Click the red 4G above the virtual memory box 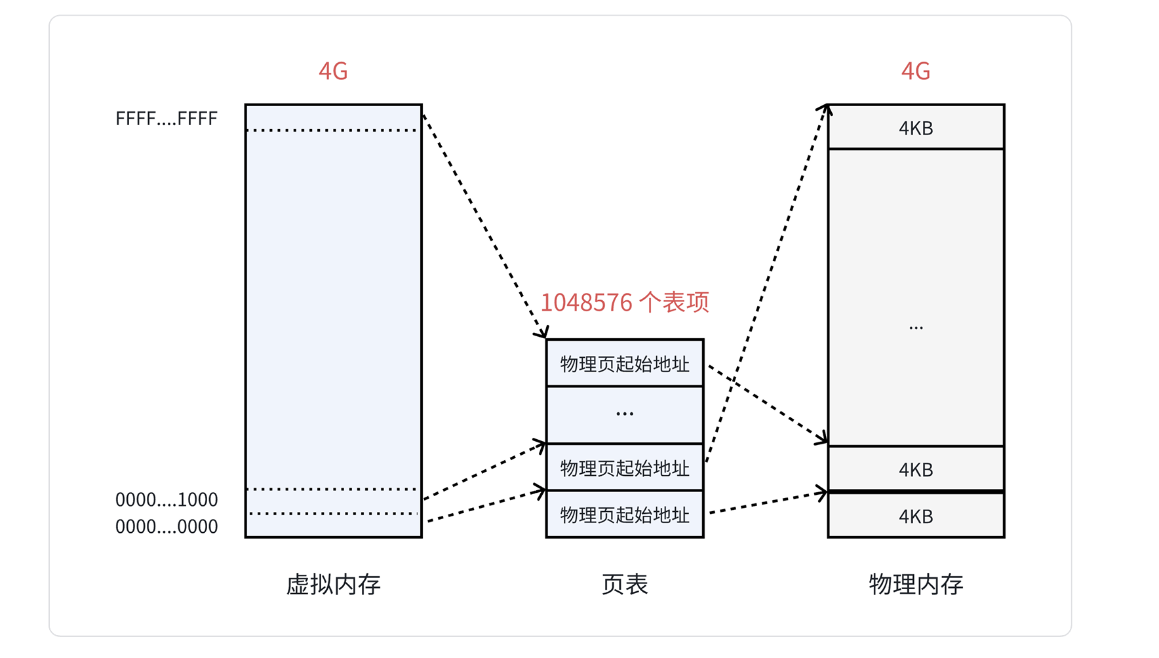pyautogui.click(x=333, y=71)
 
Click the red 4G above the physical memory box pyautogui.click(x=915, y=71)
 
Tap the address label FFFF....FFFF pyautogui.click(x=167, y=119)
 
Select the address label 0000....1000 pyautogui.click(x=167, y=499)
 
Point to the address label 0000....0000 pyautogui.click(x=167, y=526)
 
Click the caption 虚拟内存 pyautogui.click(x=333, y=584)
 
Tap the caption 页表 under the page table pyautogui.click(x=624, y=584)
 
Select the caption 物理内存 pyautogui.click(x=915, y=584)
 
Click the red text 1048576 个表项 pyautogui.click(x=624, y=302)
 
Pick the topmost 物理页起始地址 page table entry pyautogui.click(x=624, y=364)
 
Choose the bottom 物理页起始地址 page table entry pyautogui.click(x=624, y=514)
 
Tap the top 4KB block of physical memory pyautogui.click(x=915, y=128)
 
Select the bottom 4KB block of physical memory pyautogui.click(x=915, y=516)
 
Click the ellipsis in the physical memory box pyautogui.click(x=915, y=326)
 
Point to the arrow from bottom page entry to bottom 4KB pyautogui.click(x=767, y=503)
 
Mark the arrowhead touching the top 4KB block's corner pyautogui.click(x=828, y=108)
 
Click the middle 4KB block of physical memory pyautogui.click(x=915, y=469)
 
